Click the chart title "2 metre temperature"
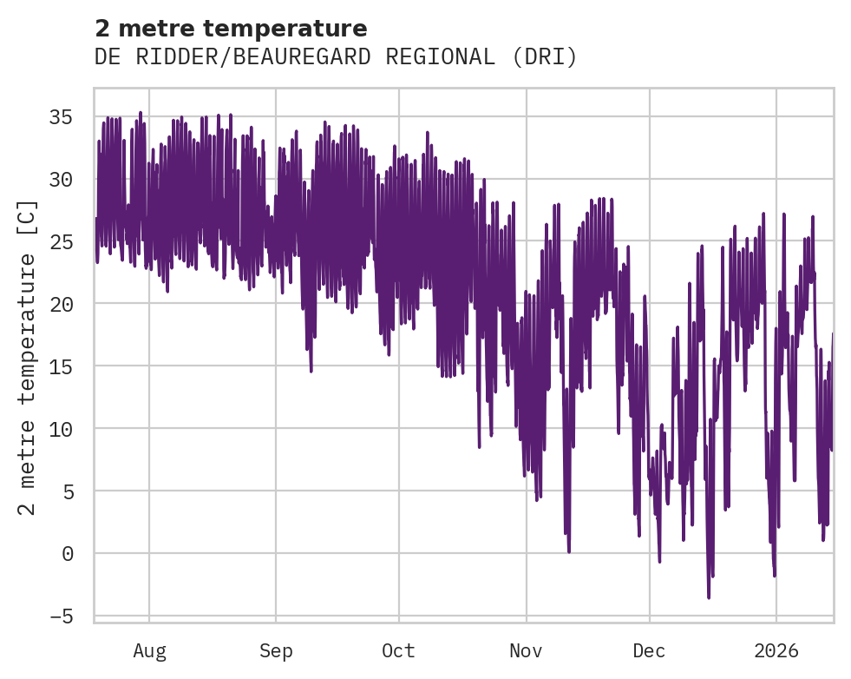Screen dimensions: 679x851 click(231, 29)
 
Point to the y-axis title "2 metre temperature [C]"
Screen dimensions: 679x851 click(29, 357)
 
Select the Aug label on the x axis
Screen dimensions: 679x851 click(149, 651)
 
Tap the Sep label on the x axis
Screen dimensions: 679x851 click(276, 651)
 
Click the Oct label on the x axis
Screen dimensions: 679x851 click(399, 651)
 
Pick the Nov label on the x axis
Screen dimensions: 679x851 click(527, 651)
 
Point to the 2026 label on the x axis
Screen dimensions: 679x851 click(776, 651)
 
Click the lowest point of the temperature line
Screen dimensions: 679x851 click(709, 597)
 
